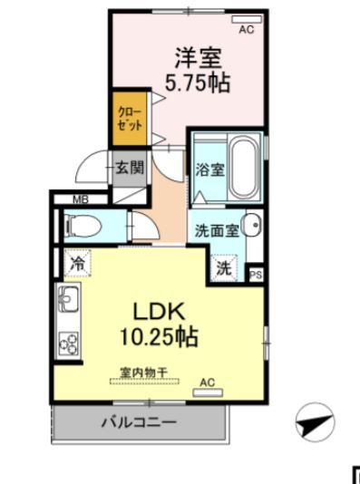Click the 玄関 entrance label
(x=129, y=167)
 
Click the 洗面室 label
(x=217, y=230)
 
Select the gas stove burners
(x=69, y=342)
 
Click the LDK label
(x=161, y=313)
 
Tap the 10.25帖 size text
(x=161, y=337)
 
